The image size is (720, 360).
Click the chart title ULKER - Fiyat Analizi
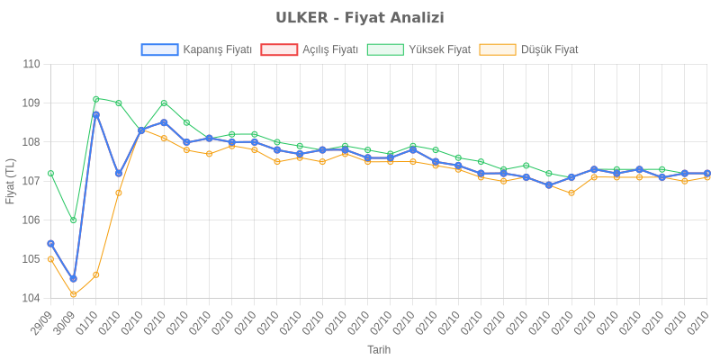(360, 18)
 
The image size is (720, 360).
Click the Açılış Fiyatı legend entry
(310, 49)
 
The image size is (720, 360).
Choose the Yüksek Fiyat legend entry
(419, 49)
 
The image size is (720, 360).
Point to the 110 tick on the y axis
(31, 64)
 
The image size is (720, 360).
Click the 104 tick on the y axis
(31, 298)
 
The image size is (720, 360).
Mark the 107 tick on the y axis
(31, 181)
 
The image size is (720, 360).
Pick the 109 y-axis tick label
(31, 103)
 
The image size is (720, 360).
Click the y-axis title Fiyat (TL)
(10, 181)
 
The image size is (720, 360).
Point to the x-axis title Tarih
(379, 349)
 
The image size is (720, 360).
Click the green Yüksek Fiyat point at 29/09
(50, 173)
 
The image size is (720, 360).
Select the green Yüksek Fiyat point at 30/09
(73, 220)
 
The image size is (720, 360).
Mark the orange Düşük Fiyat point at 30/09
(73, 294)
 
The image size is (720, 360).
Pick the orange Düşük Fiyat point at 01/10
(96, 274)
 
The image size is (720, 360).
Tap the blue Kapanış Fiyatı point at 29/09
(50, 243)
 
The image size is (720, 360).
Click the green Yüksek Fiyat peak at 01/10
(96, 99)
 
